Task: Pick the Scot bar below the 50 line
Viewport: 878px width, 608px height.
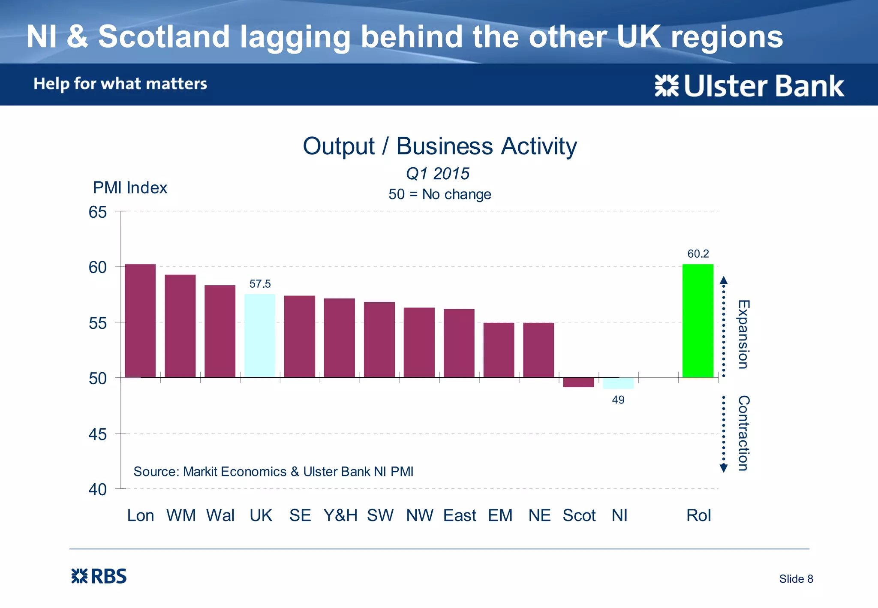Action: coord(578,382)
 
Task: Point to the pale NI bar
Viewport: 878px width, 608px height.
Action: coord(618,383)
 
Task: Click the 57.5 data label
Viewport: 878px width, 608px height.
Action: coord(260,284)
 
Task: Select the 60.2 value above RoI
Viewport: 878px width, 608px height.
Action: coord(698,254)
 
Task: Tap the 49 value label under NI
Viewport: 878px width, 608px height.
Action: coord(618,400)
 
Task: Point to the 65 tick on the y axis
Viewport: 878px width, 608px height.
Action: coord(98,212)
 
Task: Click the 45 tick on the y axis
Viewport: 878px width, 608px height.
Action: coord(98,434)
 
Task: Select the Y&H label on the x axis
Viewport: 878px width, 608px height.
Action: coord(340,515)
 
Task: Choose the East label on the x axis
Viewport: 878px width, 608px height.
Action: coord(460,515)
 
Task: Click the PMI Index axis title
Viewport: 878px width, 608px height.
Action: coord(130,188)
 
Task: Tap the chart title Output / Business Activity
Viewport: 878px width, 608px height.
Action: coord(439,146)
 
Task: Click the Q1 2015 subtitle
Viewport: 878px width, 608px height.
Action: coord(438,174)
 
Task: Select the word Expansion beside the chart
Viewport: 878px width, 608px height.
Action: coord(743,334)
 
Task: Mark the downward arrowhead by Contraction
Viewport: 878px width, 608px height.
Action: coord(724,468)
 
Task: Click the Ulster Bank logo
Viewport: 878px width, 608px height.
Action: coord(749,86)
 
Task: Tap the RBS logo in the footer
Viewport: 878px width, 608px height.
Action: coord(99,576)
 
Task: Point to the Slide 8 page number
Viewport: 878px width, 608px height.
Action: coord(796,579)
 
